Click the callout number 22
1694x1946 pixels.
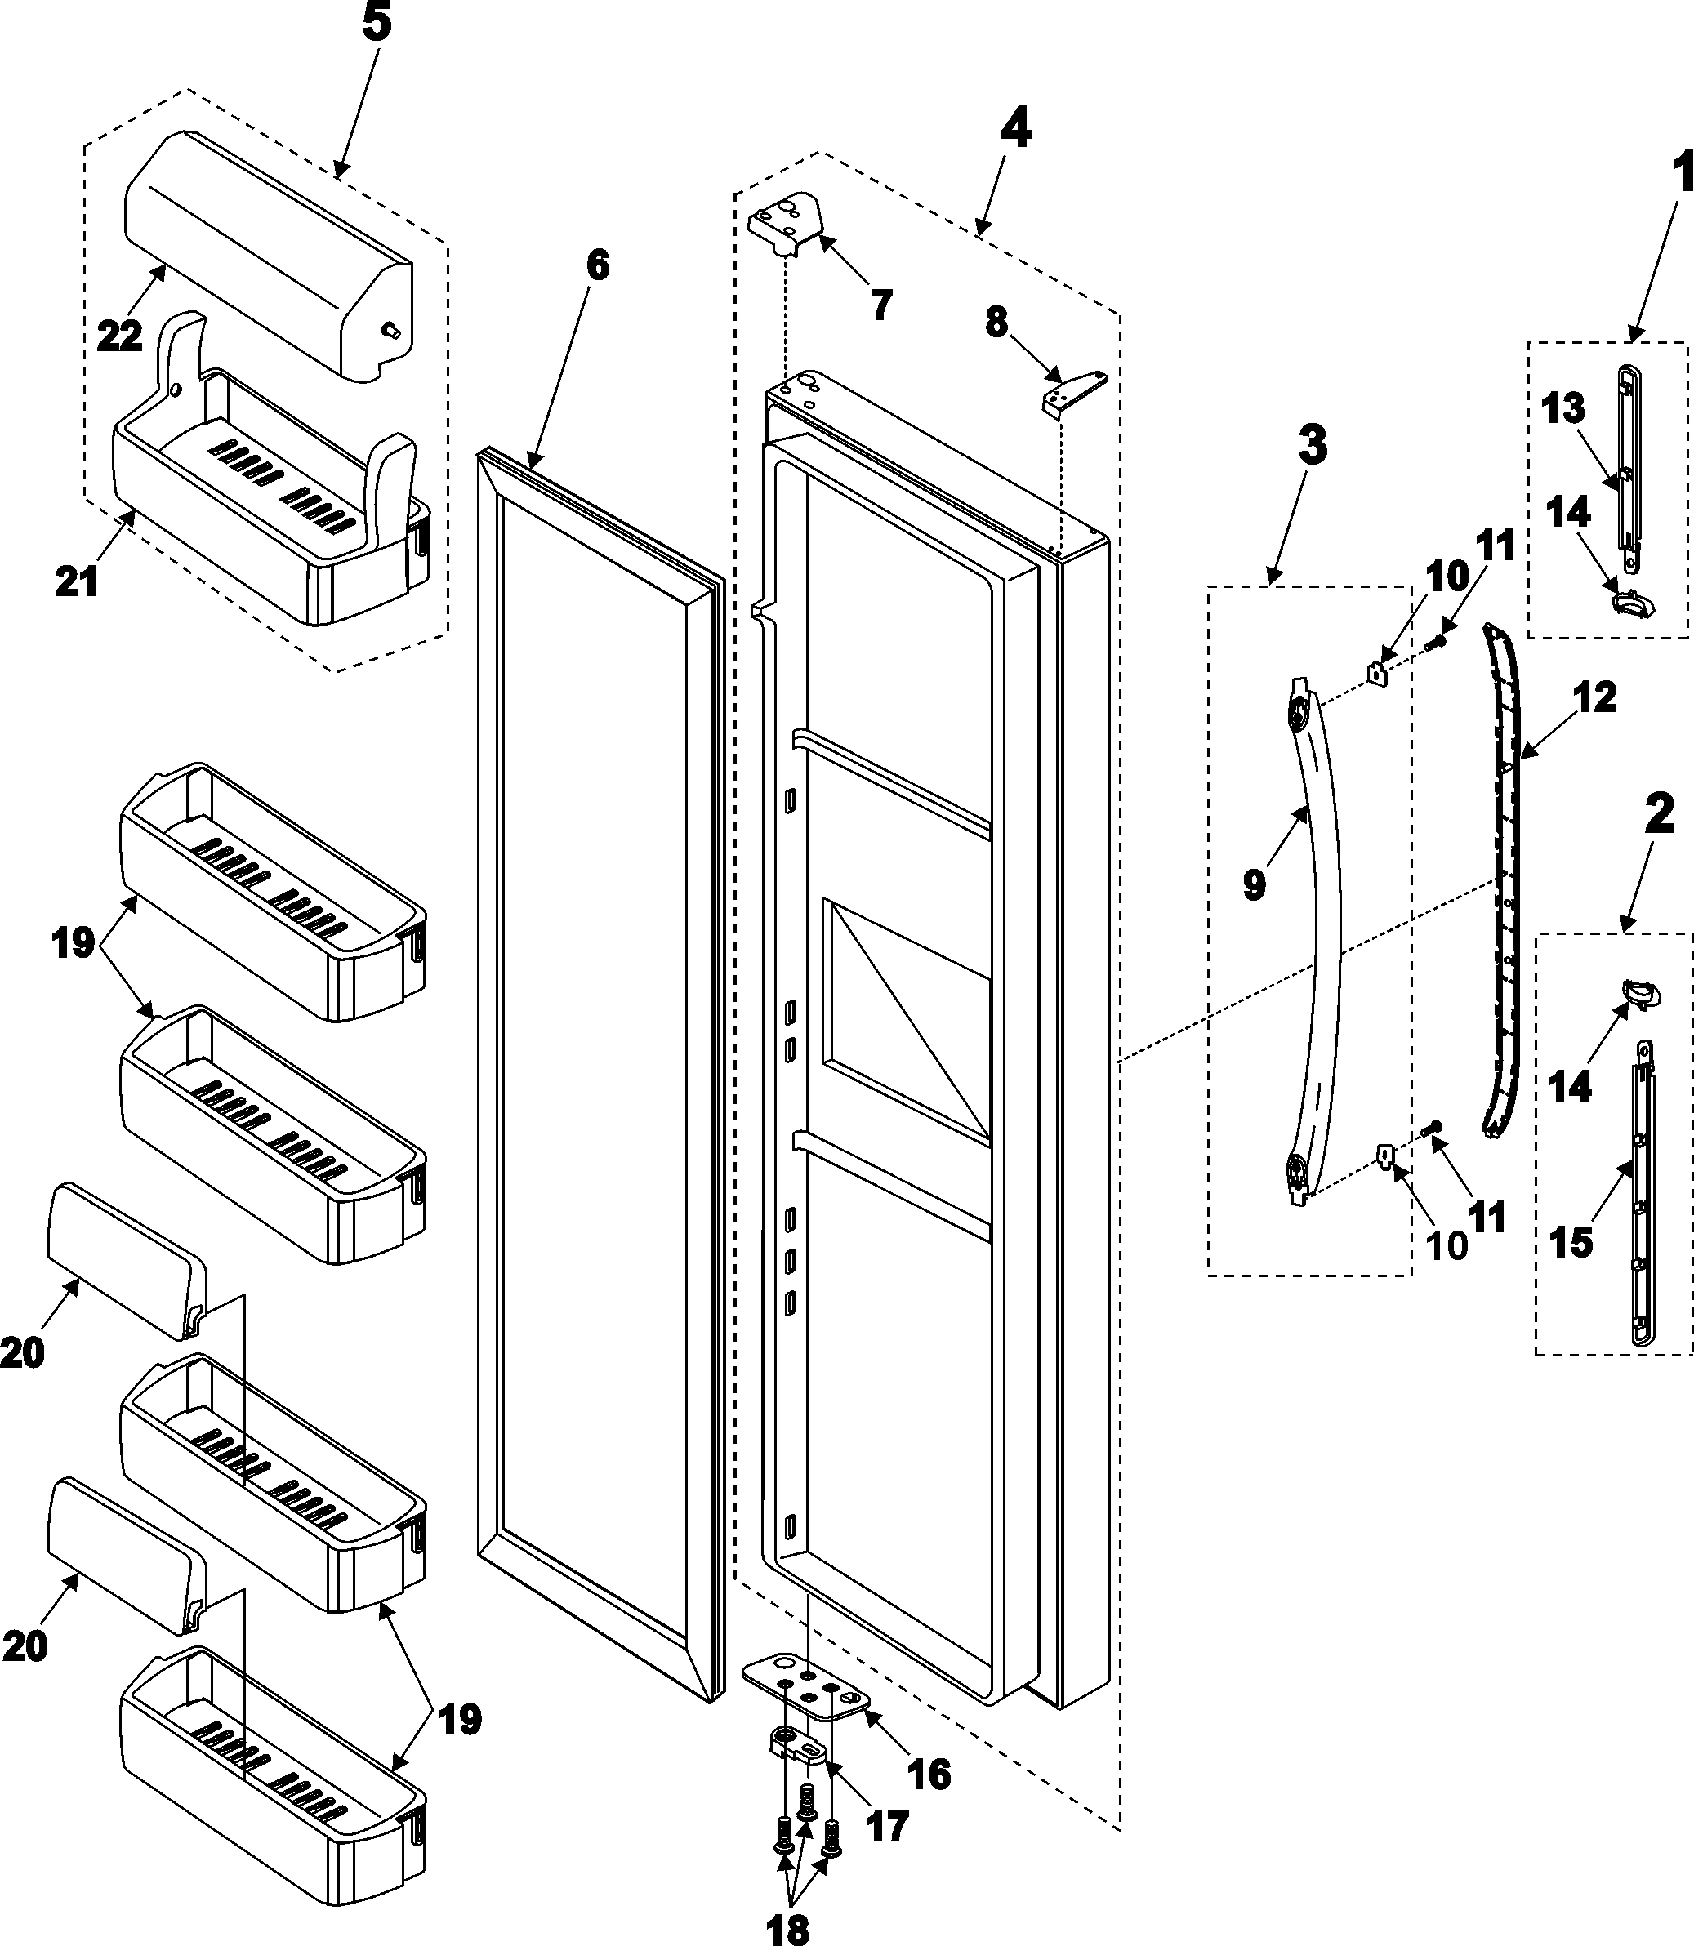tap(120, 336)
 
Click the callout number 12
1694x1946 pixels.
tap(1594, 697)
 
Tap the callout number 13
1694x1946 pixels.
tap(1562, 409)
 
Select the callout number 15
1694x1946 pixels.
tap(1571, 1243)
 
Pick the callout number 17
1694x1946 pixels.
tap(887, 1826)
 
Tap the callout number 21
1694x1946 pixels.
tap(77, 581)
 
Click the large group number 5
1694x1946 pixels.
tap(377, 23)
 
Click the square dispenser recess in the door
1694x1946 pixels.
tap(907, 1021)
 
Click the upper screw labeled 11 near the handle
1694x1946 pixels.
tap(1438, 642)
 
